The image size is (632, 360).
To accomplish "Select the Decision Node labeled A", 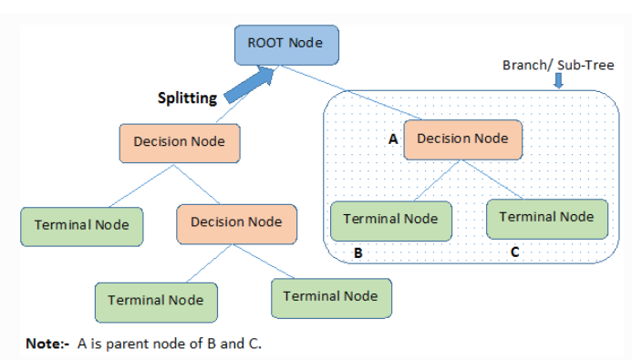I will pyautogui.click(x=462, y=139).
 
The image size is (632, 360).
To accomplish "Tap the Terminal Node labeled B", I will pyautogui.click(x=390, y=220).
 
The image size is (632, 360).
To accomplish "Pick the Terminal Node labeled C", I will pyautogui.click(x=545, y=218).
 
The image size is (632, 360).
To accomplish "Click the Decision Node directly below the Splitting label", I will pyautogui.click(x=185, y=142).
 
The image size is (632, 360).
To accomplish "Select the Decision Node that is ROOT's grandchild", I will pyautogui.click(x=236, y=222).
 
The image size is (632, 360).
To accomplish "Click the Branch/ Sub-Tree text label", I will pyautogui.click(x=558, y=66).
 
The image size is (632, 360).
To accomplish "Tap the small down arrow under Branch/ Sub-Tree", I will pyautogui.click(x=558, y=82).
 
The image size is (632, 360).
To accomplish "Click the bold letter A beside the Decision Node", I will pyautogui.click(x=393, y=139).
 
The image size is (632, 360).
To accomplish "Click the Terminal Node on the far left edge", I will pyautogui.click(x=82, y=225).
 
